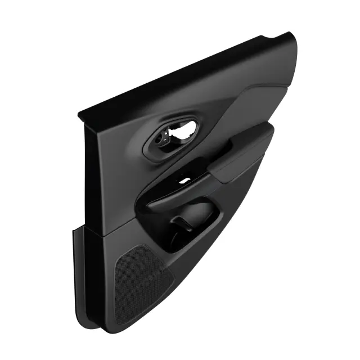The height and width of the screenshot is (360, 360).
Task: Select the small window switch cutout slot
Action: pyautogui.click(x=184, y=181)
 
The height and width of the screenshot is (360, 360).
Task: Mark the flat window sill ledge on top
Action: pyautogui.click(x=186, y=73)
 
